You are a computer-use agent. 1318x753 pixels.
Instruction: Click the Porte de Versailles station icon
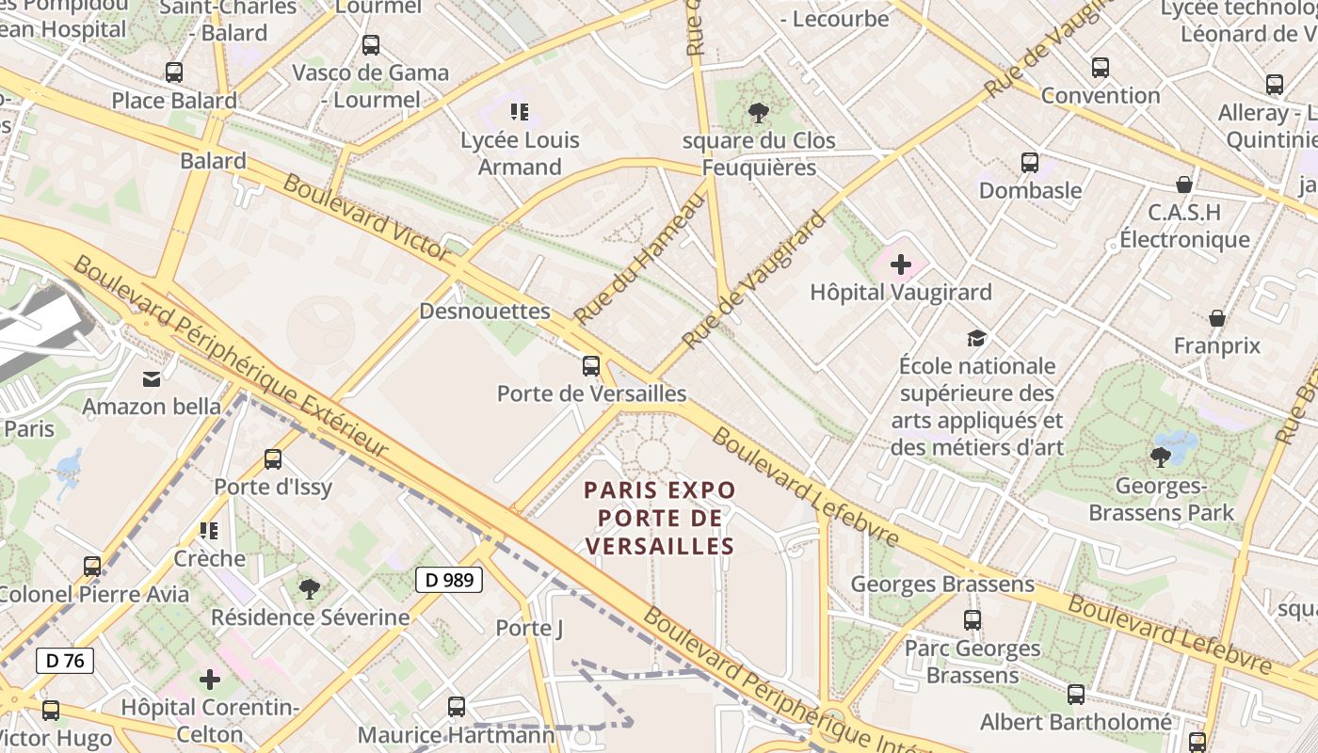pyautogui.click(x=591, y=366)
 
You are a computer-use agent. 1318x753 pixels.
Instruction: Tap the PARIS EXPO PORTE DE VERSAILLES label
pyautogui.click(x=659, y=518)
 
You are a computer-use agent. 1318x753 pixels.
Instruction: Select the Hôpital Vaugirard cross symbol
pyautogui.click(x=901, y=264)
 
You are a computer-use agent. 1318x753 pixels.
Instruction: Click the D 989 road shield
pyautogui.click(x=449, y=580)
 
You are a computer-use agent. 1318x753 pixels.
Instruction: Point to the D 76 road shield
pyautogui.click(x=66, y=661)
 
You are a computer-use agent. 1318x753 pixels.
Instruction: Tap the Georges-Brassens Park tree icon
pyautogui.click(x=1161, y=457)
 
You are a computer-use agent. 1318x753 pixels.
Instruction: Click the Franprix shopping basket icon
pyautogui.click(x=1217, y=318)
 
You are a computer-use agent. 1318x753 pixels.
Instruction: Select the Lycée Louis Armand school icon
pyautogui.click(x=520, y=112)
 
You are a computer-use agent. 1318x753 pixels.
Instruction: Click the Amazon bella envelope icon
pyautogui.click(x=152, y=379)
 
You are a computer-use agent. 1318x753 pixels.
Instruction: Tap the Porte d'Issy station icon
pyautogui.click(x=273, y=459)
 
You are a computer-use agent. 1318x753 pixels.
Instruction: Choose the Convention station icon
pyautogui.click(x=1101, y=68)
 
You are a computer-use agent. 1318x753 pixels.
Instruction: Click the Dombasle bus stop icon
pyautogui.click(x=1030, y=163)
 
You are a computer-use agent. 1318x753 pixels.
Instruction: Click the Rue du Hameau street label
pyautogui.click(x=639, y=256)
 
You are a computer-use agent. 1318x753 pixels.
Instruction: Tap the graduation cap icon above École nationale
pyautogui.click(x=977, y=338)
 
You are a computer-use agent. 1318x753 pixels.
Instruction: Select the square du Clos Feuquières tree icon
pyautogui.click(x=759, y=113)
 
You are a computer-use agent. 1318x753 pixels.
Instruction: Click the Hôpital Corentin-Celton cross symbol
pyautogui.click(x=210, y=679)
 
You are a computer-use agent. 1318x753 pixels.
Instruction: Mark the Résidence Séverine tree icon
pyautogui.click(x=310, y=590)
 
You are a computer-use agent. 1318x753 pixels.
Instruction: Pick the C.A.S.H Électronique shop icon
pyautogui.click(x=1184, y=184)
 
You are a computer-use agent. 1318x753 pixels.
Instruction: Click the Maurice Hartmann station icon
pyautogui.click(x=457, y=706)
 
